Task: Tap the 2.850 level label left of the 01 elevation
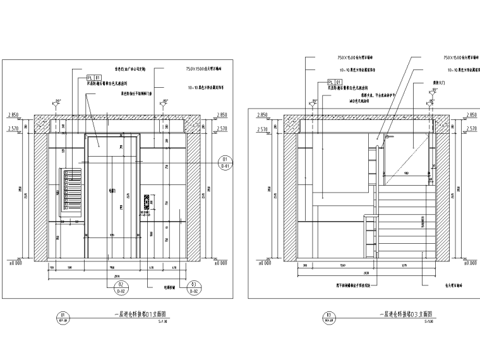[14, 115]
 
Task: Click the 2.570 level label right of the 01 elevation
[221, 128]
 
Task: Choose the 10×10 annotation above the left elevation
[206, 81]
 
